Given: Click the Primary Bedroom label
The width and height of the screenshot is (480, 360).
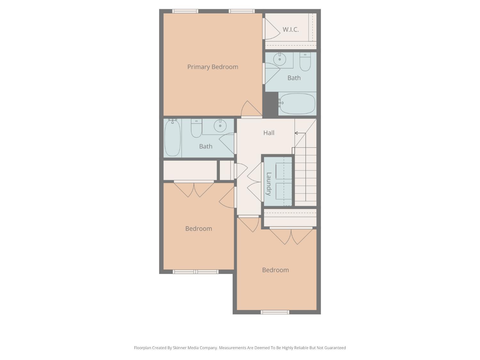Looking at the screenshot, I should (x=212, y=67).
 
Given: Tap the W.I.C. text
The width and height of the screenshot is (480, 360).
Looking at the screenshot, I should (x=291, y=29).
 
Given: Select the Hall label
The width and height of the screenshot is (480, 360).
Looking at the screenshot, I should (x=269, y=133).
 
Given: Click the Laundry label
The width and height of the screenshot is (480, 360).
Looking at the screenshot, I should (x=269, y=184).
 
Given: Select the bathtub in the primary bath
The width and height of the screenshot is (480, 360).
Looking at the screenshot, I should (x=297, y=104).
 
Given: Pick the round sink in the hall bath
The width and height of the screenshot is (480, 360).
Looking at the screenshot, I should (x=220, y=125).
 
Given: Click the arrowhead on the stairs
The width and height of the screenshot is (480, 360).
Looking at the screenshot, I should (x=296, y=133).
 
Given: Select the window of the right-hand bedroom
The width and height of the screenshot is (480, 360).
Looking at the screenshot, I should (x=275, y=312).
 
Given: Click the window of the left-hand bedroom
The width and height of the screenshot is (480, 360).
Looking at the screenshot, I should (x=196, y=272).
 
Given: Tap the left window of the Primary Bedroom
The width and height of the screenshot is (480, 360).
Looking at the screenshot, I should (x=185, y=11).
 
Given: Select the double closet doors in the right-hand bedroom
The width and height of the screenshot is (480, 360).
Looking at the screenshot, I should (x=291, y=236).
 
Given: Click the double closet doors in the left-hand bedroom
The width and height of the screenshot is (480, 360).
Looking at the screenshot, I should (x=194, y=189).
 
